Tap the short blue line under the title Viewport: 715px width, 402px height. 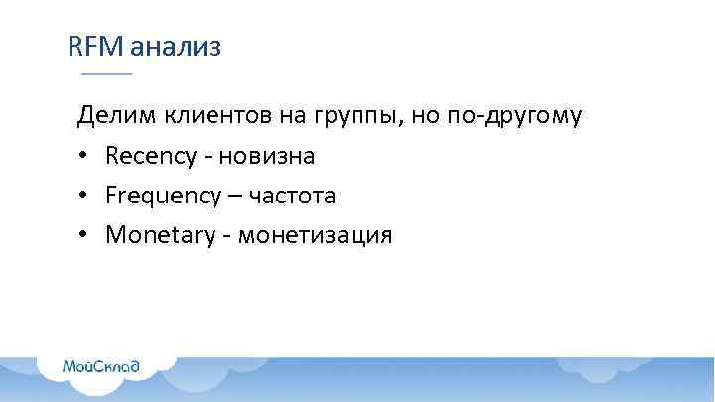[106, 74]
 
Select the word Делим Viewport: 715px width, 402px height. [110, 117]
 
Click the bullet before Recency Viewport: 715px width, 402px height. [83, 157]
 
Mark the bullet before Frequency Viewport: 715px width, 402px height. [83, 197]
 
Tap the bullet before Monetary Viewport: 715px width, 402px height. [83, 236]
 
